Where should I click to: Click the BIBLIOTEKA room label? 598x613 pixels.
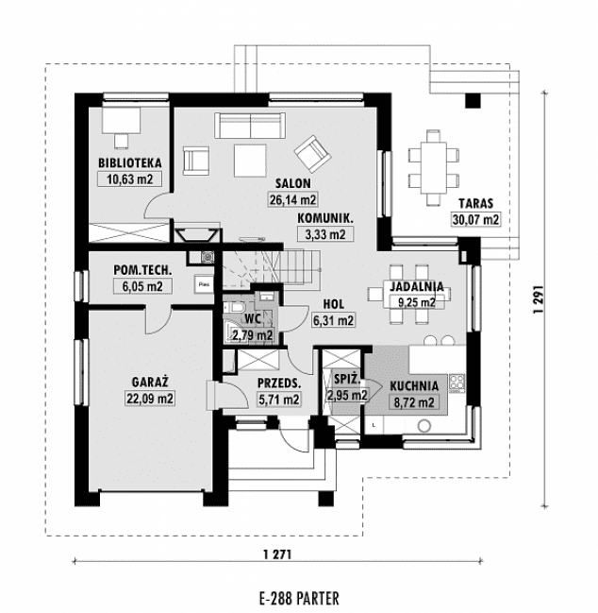(129, 162)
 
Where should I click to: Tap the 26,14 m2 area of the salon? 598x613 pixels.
(292, 199)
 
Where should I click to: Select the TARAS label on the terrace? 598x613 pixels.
(475, 203)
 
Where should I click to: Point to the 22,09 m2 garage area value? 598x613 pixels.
(150, 399)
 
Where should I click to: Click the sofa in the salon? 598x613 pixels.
(250, 125)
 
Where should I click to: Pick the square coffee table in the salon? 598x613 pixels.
(250, 161)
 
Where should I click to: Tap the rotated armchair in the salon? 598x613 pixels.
(312, 154)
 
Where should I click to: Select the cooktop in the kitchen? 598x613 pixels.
(457, 383)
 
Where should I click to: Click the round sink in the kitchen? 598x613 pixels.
(424, 426)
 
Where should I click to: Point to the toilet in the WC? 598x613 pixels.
(233, 308)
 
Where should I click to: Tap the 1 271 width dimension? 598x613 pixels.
(277, 554)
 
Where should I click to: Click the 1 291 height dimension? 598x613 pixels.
(539, 299)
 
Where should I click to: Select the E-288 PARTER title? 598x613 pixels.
(299, 598)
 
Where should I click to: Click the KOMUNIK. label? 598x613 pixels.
(325, 218)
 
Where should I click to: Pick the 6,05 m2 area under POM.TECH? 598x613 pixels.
(142, 286)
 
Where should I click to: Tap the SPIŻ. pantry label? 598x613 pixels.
(346, 379)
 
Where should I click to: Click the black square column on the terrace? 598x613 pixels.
(473, 100)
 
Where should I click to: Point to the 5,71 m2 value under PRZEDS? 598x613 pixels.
(279, 400)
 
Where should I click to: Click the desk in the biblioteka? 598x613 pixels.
(121, 120)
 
